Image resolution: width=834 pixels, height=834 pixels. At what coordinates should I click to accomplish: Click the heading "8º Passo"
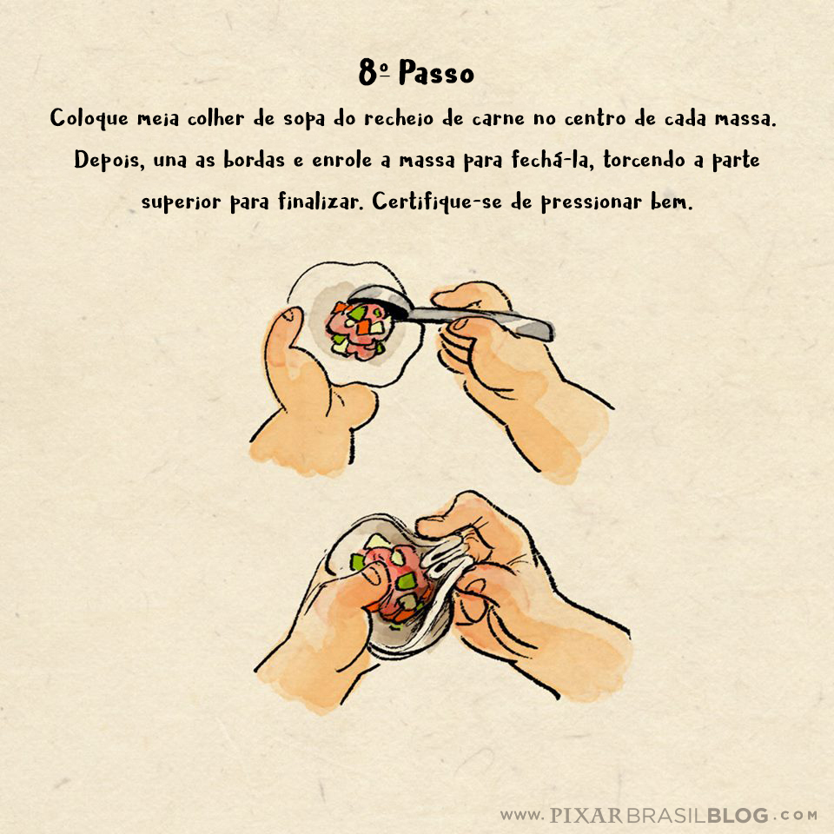416,72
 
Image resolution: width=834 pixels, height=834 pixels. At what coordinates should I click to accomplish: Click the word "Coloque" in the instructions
89,118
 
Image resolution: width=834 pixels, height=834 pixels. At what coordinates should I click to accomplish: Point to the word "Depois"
109,160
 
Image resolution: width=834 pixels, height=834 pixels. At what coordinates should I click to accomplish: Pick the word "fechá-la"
551,160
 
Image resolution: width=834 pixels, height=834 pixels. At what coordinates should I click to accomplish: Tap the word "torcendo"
644,160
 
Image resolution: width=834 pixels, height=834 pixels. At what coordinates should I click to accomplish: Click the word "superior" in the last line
181,202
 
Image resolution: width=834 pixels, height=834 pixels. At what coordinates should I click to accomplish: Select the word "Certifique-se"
437,202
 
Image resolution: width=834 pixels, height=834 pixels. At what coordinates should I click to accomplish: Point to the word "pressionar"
592,202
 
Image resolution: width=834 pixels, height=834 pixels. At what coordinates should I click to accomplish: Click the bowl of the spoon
380,301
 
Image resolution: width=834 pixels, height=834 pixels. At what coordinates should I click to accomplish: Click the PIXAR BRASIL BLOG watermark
659,815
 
